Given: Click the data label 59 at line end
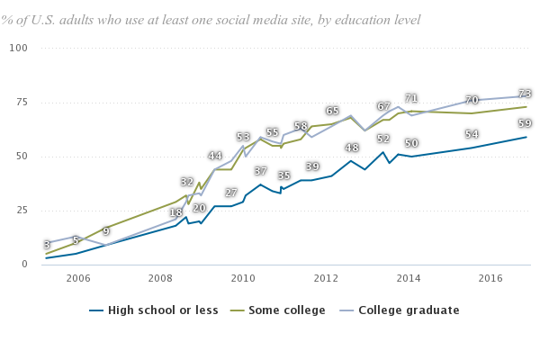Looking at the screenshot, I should point(525,123).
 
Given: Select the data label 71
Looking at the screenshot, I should point(411,98).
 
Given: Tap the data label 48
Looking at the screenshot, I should point(352,148).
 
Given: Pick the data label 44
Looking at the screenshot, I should point(215,156).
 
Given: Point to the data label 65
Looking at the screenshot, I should point(332,111).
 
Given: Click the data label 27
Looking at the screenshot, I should point(231,193).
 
